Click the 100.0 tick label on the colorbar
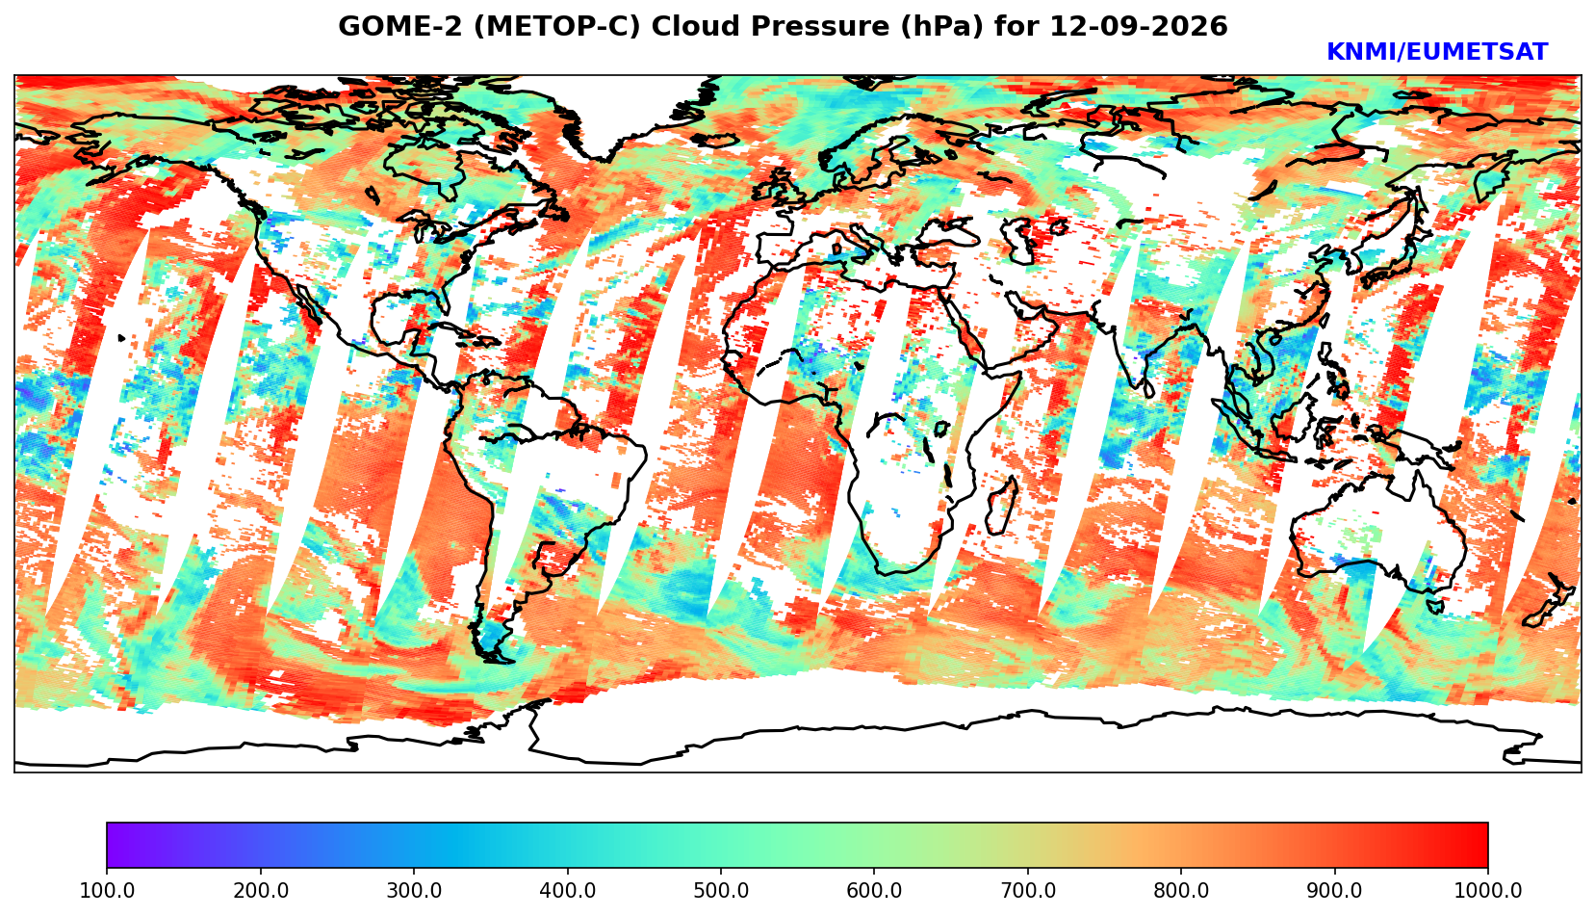click(107, 890)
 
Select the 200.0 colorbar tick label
click(261, 890)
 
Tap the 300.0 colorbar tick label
click(414, 890)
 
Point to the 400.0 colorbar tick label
click(568, 890)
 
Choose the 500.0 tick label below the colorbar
click(721, 890)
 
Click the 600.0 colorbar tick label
click(874, 890)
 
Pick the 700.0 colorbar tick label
click(1027, 890)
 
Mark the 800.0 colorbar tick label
click(1181, 890)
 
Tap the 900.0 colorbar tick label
click(1334, 890)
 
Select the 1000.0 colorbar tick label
click(1488, 890)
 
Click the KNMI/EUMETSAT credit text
click(1437, 52)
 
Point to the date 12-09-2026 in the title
click(1139, 26)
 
